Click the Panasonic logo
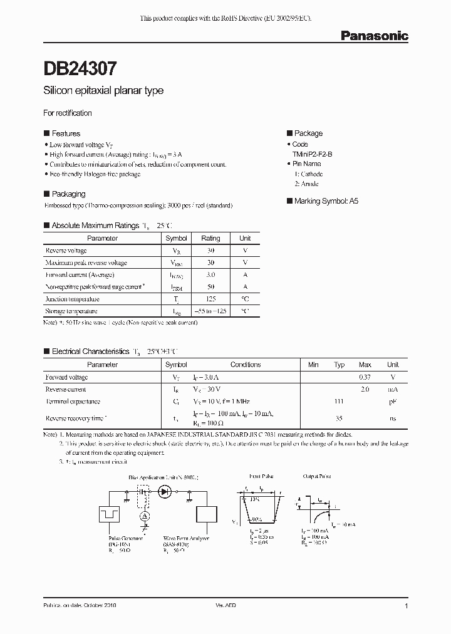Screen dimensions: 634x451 374,36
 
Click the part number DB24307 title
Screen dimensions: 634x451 80,67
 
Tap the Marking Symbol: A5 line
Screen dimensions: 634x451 322,201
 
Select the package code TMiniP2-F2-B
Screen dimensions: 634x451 312,154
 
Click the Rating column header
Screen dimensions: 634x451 210,238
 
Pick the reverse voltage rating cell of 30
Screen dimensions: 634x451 210,251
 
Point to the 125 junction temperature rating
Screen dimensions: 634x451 210,299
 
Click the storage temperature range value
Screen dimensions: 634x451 210,311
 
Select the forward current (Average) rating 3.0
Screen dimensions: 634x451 210,275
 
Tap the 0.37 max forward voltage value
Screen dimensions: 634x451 365,377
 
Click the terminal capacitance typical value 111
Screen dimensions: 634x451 340,402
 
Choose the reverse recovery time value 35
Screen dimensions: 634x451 340,418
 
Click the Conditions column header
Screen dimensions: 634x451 246,365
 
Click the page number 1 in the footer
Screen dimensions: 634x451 407,606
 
